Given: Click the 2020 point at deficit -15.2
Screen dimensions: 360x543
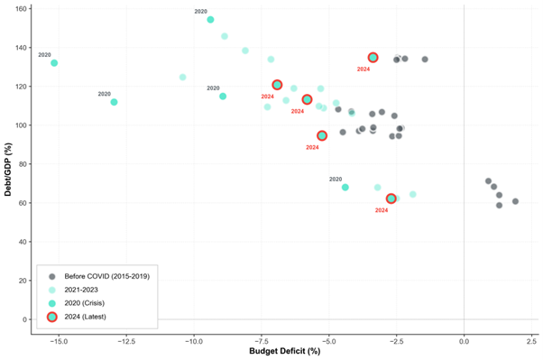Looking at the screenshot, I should tap(54, 63).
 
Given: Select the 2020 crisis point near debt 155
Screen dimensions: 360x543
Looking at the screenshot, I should tap(210, 19).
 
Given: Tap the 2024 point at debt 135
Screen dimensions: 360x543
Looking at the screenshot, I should tap(373, 58).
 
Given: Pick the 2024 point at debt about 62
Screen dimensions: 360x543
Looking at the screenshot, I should tap(391, 198).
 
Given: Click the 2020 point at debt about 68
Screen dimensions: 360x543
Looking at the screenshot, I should tap(345, 187).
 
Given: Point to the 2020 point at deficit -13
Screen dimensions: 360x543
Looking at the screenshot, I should tap(114, 102).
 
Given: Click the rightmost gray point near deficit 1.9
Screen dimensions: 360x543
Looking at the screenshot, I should tap(515, 201).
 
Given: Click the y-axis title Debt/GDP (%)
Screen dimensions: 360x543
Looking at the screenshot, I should tap(8, 169).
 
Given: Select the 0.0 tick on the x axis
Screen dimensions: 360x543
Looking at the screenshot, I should tap(464, 340).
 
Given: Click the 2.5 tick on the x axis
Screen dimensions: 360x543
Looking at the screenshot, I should tap(531, 340).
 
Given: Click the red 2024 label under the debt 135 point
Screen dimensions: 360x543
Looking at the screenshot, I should tap(364, 69).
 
